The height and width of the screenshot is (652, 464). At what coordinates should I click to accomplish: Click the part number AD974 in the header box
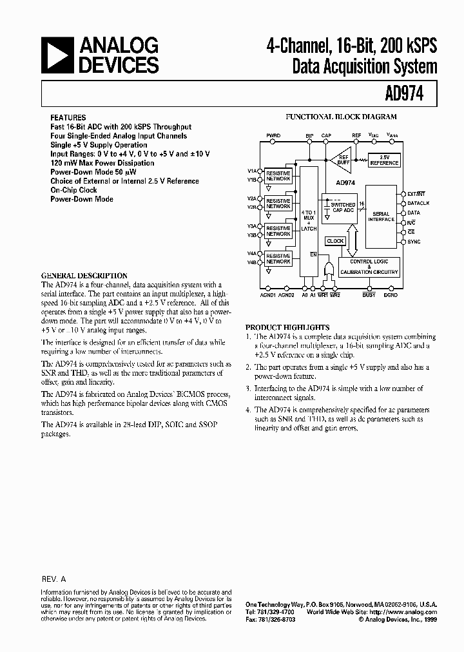[x=405, y=95]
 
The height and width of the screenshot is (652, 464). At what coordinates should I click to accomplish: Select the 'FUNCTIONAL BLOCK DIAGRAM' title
[x=341, y=117]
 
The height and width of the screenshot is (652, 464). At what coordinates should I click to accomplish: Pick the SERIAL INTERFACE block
[x=382, y=216]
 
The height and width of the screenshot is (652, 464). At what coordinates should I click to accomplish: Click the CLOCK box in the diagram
[x=335, y=241]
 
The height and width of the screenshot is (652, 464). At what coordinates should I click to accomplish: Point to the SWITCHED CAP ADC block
[x=342, y=207]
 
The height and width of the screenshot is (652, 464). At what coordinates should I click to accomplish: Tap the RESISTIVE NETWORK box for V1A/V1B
[x=278, y=176]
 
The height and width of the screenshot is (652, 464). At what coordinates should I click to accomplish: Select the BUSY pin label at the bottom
[x=369, y=294]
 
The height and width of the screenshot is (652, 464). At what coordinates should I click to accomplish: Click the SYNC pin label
[x=414, y=242]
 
